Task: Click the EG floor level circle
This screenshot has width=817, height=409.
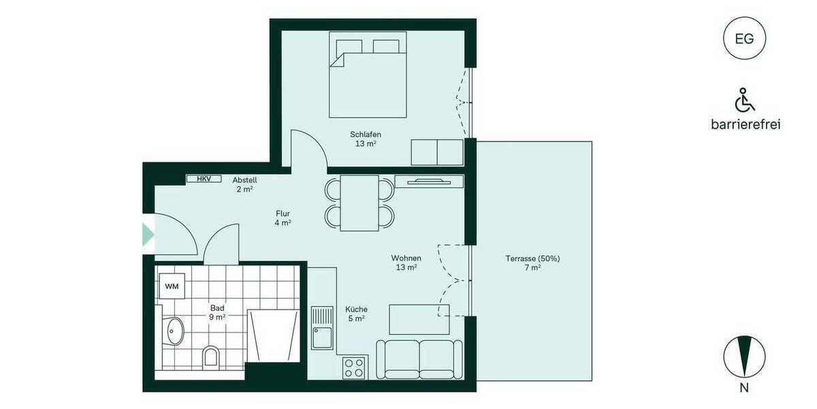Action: pos(744,38)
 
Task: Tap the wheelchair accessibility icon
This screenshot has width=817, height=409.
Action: pos(744,100)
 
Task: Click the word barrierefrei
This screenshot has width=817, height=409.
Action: pos(744,124)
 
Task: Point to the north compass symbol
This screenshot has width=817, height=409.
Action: pos(744,357)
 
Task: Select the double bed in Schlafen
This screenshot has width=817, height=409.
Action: pos(368,75)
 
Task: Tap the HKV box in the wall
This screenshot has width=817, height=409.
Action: pos(204,179)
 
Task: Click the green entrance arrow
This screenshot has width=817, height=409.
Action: pos(148,234)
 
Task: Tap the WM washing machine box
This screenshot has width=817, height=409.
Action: pos(172,286)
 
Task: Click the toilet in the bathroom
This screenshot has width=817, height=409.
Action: pos(211,357)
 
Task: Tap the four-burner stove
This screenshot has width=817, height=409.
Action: pos(353,367)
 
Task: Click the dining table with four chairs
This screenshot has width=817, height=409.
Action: pos(359,203)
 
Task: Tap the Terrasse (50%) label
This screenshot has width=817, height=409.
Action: pos(532,263)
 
